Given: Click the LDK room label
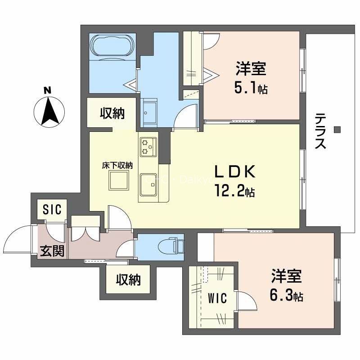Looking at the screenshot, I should tap(234, 172).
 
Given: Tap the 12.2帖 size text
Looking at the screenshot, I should tap(234, 192).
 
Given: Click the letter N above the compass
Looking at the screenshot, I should tap(47, 90).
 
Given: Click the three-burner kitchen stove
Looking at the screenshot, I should tap(148, 147).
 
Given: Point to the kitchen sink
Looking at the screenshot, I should tap(148, 185).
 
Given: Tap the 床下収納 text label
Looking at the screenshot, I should tap(117, 165).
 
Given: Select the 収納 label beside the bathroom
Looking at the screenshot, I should tap(112, 114).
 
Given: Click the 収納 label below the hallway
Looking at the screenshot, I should tap(128, 279).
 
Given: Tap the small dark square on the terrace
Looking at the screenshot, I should tap(337, 130).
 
